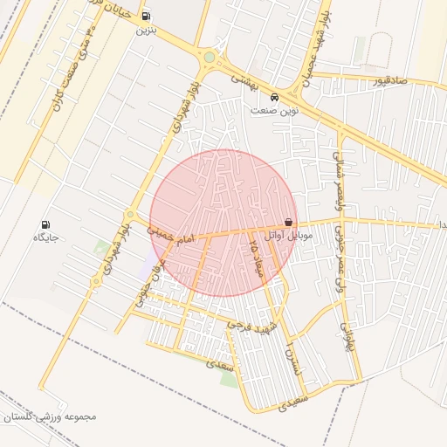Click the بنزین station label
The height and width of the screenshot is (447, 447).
[x=144, y=30]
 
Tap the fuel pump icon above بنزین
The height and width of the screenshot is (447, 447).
[x=145, y=15]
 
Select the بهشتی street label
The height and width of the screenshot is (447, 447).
[x=242, y=79]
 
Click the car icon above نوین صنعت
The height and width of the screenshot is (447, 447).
[x=275, y=97]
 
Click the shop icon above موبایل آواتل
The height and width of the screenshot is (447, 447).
[x=289, y=223]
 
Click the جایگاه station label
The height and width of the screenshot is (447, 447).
[x=45, y=237]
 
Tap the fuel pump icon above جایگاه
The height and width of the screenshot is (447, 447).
[x=45, y=223]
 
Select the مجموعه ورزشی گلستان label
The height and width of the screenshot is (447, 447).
[x=49, y=416]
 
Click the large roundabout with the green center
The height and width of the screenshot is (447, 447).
[x=210, y=58]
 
